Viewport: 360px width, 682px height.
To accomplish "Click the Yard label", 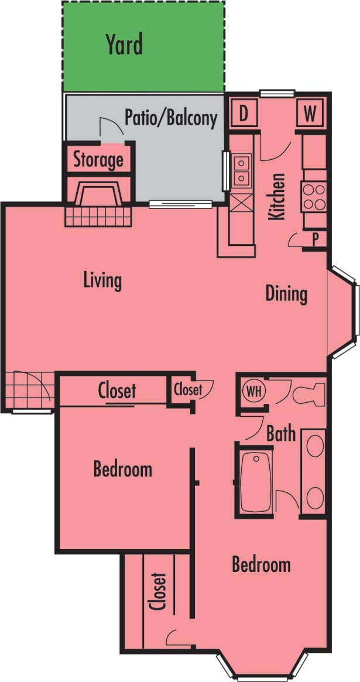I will point(124,44).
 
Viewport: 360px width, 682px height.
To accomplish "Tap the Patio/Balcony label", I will point(170,118).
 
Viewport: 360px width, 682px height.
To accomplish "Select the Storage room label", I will point(98,159).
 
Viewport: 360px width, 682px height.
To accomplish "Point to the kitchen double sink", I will point(241,170).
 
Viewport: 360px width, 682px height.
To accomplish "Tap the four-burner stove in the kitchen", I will point(314,197).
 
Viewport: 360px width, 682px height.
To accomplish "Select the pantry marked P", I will point(315,239).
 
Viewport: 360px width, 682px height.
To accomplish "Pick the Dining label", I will point(286,293).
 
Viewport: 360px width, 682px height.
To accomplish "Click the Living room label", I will point(102,280).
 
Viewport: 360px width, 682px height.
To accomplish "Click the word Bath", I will point(280,434).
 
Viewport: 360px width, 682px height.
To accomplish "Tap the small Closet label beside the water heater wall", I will point(188,389).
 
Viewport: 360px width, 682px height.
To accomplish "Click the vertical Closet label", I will point(158,591).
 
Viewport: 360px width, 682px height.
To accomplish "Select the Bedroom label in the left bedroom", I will point(123,469).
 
